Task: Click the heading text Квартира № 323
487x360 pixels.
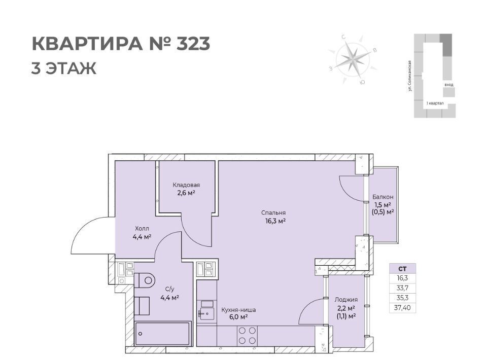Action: coord(121,44)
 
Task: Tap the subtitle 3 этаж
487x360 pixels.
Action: coord(64,68)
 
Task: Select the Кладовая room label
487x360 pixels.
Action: coord(186,185)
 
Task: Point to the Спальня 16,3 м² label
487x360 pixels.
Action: coord(273,217)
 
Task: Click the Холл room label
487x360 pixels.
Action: coord(142,229)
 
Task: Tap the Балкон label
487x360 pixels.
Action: coord(383,197)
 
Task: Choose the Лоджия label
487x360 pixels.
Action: coord(346,300)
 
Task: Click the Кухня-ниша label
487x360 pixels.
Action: coord(238,310)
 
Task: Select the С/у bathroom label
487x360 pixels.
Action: coord(169,289)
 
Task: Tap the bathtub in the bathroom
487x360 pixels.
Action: coord(162,334)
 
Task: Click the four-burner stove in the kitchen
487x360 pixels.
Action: coord(247,336)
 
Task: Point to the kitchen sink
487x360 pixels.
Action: coord(206,313)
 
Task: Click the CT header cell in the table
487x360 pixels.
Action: coord(402,269)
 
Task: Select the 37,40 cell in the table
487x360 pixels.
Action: coord(402,308)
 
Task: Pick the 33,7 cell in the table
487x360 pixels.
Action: coord(402,288)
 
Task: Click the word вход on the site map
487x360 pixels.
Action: coord(448,84)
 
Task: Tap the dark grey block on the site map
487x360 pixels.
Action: coord(446,45)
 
